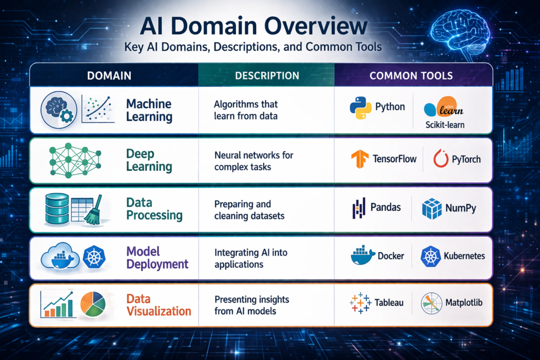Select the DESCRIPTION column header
click(x=266, y=75)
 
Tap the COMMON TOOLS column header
click(x=411, y=75)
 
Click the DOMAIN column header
click(x=109, y=75)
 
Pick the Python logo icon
click(x=361, y=107)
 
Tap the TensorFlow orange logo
click(x=361, y=159)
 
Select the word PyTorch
click(x=466, y=159)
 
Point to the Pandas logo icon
click(x=359, y=208)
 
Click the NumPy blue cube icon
click(x=432, y=208)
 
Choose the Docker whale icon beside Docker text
click(x=362, y=256)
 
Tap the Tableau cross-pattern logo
click(x=360, y=303)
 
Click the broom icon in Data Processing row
click(x=93, y=210)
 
